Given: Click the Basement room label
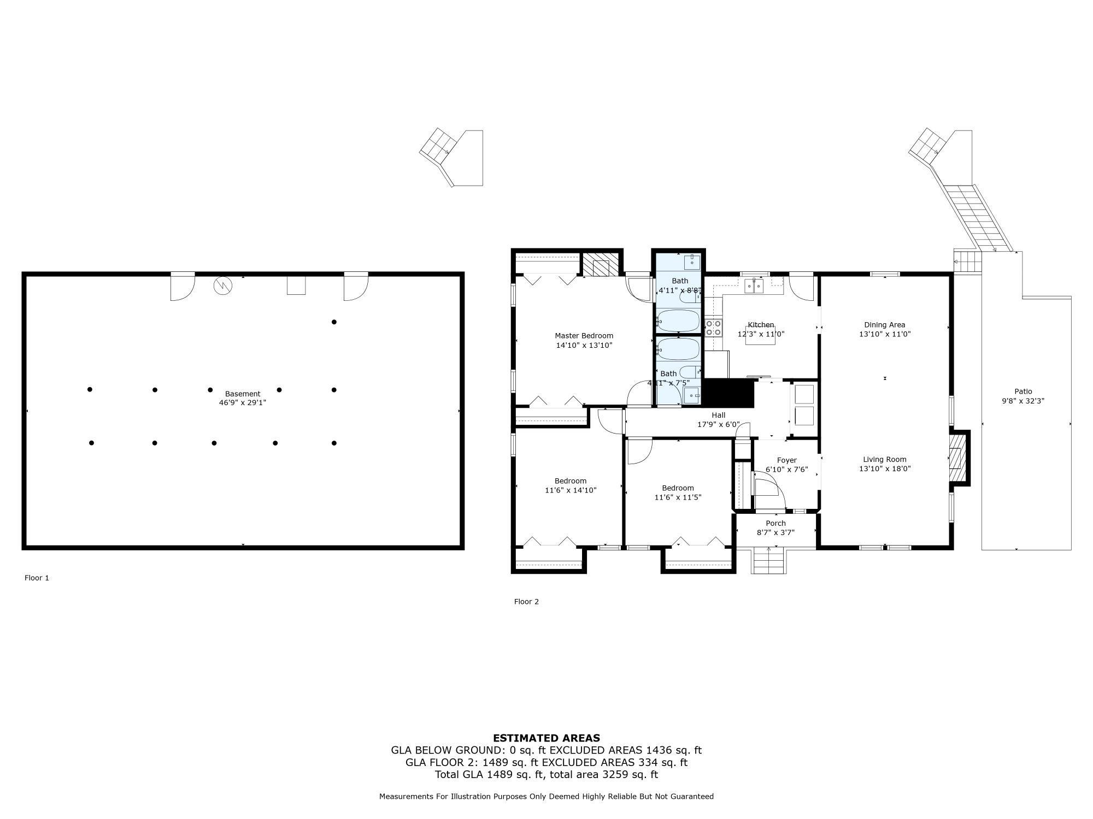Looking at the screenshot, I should pos(243,394).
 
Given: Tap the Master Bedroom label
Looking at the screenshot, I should pos(584,336).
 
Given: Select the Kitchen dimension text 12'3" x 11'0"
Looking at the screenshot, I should pos(761,334).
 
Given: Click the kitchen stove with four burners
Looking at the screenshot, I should pos(713,328).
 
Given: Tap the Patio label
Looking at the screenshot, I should pos(1023,391).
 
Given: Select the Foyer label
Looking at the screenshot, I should pos(786,460).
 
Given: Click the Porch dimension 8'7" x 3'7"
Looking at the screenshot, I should pos(775,532).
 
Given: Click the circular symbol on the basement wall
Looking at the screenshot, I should pos(222,285).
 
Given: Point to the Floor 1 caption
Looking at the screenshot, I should pos(37,578).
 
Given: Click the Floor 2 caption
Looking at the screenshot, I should pos(526,602).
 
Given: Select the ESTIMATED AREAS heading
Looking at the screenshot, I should pos(546,738).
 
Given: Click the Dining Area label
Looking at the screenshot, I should pos(884,325).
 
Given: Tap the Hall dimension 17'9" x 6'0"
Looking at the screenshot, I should pos(718,424).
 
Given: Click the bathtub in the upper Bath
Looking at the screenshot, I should pos(678,321).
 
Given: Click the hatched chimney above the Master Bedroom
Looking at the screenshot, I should pos(601,265).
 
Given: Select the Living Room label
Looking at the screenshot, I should pos(884,459).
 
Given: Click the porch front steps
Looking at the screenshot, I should pos(769,561).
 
